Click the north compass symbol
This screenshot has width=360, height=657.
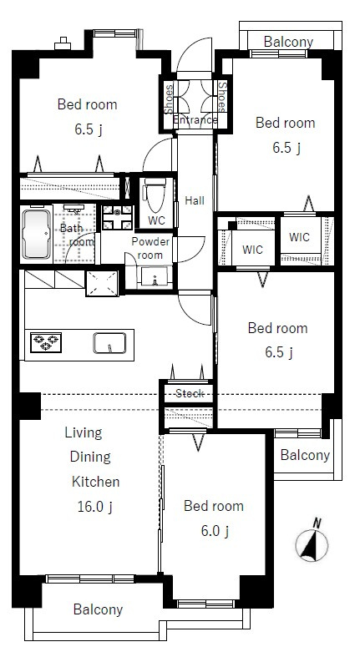[x=312, y=543]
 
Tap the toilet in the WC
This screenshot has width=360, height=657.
[x=155, y=195]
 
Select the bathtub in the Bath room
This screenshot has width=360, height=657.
[x=37, y=235]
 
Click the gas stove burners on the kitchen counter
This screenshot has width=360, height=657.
[x=46, y=341]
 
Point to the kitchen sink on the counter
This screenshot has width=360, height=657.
[x=109, y=343]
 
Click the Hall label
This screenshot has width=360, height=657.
[x=195, y=200]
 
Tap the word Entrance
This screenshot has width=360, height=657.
[x=195, y=120]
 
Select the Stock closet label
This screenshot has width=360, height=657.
[x=190, y=393]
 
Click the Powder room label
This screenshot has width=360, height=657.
[x=150, y=248]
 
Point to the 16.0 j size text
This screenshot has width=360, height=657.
[x=95, y=507]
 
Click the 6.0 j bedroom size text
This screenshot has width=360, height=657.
[x=215, y=531]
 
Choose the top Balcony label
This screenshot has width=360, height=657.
[x=288, y=42]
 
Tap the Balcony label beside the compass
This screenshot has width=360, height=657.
[x=305, y=455]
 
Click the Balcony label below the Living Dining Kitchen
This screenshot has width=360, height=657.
[x=98, y=609]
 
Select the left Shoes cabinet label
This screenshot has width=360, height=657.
[x=169, y=99]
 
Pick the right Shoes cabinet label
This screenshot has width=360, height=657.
[x=221, y=96]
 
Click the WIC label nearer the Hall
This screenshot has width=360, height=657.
[x=253, y=250]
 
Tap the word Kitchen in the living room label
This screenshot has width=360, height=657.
[x=95, y=482]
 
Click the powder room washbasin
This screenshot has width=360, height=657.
[x=155, y=277]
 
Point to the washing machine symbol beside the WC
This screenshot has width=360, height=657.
[x=117, y=217]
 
